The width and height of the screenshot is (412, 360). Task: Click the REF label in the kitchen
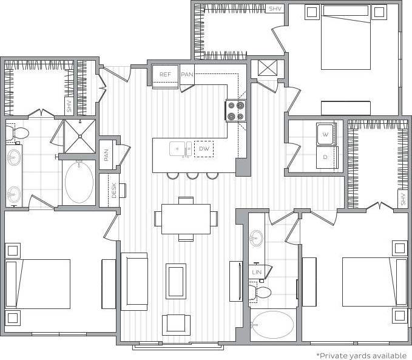click(165, 74)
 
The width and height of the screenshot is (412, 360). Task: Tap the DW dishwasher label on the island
click(204, 148)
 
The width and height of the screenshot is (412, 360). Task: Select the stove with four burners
click(235, 110)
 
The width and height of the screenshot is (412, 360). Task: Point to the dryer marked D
click(326, 157)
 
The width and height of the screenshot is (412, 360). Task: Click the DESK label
click(113, 191)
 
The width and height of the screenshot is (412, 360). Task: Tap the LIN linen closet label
click(257, 273)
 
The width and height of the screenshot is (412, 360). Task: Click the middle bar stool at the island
click(194, 175)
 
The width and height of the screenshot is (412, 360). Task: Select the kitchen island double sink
click(178, 148)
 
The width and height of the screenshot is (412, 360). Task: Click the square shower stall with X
click(79, 136)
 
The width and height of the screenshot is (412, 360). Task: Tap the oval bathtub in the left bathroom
click(78, 182)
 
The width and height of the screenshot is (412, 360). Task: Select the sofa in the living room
click(134, 282)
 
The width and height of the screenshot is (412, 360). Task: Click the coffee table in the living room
click(176, 281)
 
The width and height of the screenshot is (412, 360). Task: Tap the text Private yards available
click(361, 355)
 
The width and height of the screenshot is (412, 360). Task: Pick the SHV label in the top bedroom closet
click(275, 8)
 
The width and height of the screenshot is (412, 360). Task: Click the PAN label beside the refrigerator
click(187, 74)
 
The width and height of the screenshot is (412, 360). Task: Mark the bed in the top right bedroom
click(345, 37)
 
